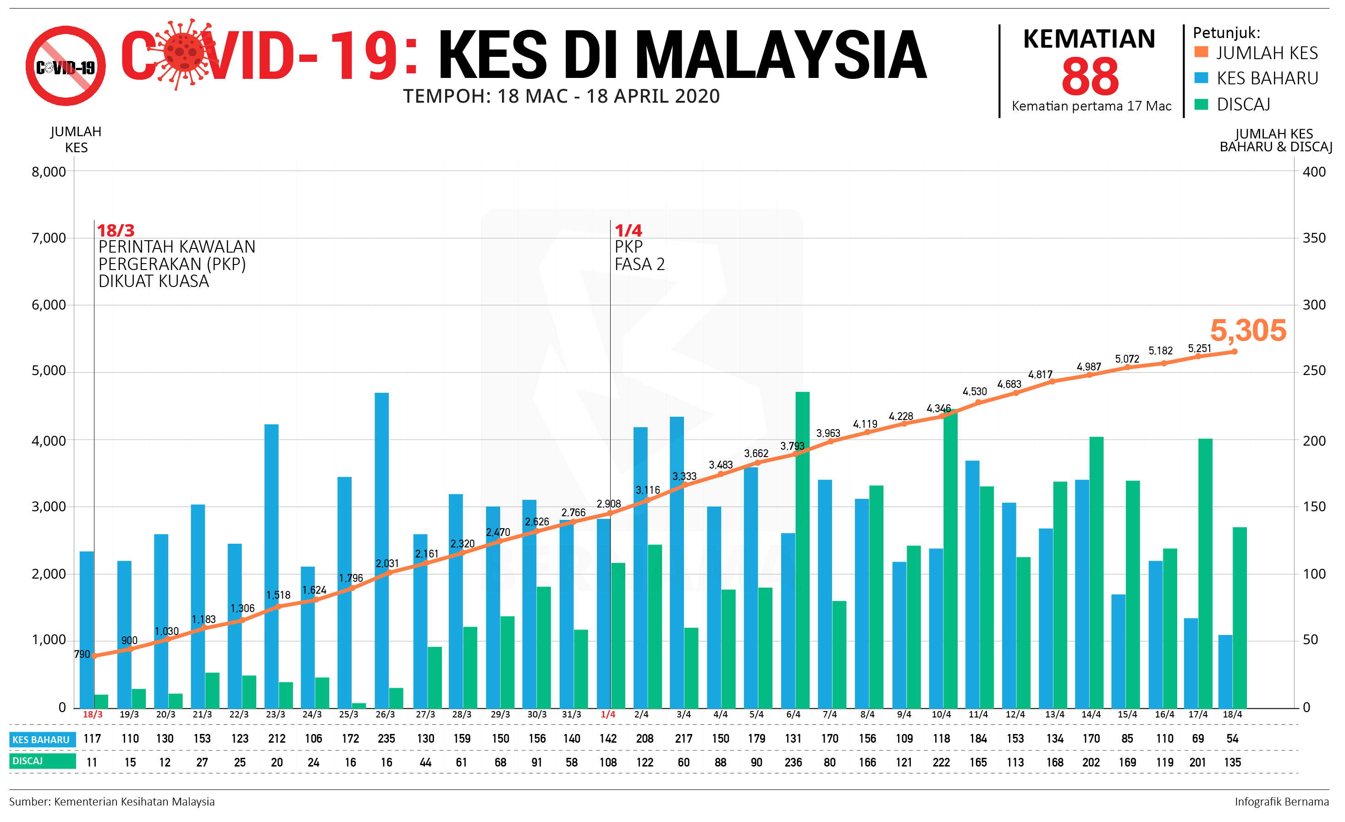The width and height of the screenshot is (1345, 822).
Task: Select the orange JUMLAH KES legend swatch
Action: tap(1201, 52)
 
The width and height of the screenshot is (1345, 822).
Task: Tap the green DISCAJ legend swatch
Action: tap(1201, 104)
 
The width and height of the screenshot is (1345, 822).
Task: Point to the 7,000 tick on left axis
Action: tap(49, 238)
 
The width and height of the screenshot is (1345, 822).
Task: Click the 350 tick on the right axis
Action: tap(1314, 238)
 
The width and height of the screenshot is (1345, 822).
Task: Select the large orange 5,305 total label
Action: tap(1248, 331)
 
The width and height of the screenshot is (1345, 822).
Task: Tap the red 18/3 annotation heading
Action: tap(115, 230)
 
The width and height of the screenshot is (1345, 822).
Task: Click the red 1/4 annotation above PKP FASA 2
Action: tap(628, 230)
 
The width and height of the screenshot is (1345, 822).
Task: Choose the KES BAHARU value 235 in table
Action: tap(386, 739)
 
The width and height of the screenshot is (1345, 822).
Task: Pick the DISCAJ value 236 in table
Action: tap(793, 762)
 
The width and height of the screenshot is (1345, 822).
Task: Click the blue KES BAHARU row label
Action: tap(41, 739)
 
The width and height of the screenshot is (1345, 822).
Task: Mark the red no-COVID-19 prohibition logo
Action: tap(66, 66)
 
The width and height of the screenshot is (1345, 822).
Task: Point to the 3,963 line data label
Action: tap(827, 433)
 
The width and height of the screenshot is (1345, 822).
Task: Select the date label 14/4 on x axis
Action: tap(1091, 714)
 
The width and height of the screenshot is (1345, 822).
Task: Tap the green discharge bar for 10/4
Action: tap(950, 559)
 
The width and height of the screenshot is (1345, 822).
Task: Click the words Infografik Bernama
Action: tap(1281, 801)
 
